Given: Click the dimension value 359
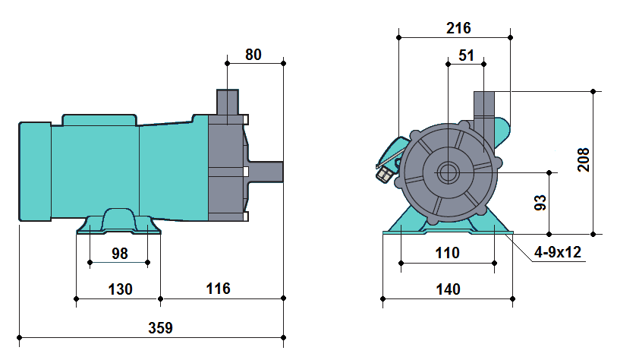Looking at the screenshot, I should tap(160, 328).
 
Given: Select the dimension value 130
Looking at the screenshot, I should tap(120, 289).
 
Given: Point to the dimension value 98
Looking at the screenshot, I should tap(119, 253).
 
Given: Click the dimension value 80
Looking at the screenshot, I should tap(254, 54).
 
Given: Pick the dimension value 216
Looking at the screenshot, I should tap(458, 28).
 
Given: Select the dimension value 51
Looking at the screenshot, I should tap(467, 56).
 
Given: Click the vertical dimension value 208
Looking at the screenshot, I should tap(584, 159).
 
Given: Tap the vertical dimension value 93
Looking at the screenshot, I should tap(541, 203).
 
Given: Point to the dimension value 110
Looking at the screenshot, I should tap(448, 253).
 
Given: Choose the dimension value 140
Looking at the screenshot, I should tap(448, 289).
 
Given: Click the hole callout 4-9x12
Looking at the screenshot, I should tap(557, 253).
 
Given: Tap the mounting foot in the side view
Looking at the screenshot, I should tap(118, 222).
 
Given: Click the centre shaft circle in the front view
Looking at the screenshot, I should tap(449, 172).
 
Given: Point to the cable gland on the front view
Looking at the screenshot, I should tap(386, 175).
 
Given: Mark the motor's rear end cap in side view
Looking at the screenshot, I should tap(33, 172).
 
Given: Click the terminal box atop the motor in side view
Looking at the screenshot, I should tap(99, 119).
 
